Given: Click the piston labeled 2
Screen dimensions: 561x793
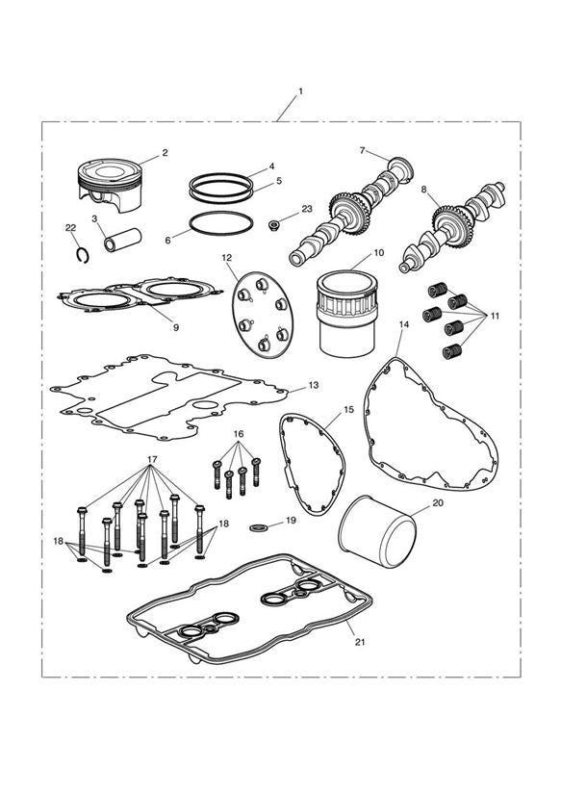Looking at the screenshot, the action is (x=110, y=185).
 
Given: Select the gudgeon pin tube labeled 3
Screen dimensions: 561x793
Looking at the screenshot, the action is (x=121, y=240).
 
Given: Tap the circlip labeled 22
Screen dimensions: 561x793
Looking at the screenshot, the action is (x=83, y=256).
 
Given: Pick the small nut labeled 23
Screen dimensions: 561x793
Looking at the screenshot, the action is (x=275, y=223).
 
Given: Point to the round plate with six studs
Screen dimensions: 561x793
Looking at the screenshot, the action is (x=262, y=314).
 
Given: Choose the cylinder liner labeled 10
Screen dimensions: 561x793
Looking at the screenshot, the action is (x=347, y=313).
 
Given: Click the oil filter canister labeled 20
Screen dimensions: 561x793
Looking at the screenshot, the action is (x=377, y=531).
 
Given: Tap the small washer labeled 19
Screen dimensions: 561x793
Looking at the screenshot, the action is (x=258, y=528).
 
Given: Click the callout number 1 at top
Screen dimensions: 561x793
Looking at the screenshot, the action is (x=300, y=91).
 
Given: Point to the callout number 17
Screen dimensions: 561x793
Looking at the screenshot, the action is (x=152, y=459).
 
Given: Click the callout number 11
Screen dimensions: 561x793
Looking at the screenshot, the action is (x=495, y=316).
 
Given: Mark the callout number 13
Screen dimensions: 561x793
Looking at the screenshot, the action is (x=314, y=385).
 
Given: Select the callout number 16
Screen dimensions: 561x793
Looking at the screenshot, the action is (x=239, y=434).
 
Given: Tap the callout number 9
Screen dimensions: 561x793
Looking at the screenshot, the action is (x=176, y=328).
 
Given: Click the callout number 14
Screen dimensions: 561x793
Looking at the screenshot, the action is (x=404, y=324).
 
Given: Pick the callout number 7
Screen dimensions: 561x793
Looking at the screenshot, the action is (x=362, y=150).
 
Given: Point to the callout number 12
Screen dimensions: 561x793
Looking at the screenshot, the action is (x=227, y=258).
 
